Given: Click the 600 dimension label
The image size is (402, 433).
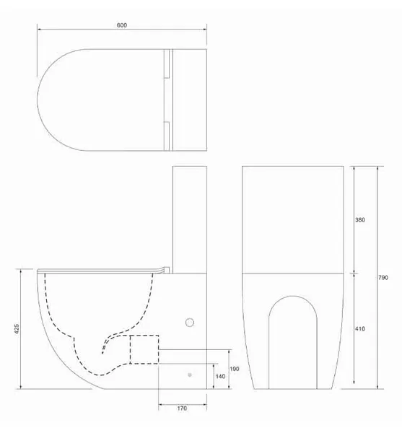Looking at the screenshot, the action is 122,25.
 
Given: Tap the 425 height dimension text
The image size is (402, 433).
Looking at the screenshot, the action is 17,329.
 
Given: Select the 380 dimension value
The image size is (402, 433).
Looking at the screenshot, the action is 359,220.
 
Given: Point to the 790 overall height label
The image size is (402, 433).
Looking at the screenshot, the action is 383,278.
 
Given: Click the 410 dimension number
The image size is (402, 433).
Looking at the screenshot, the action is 359,328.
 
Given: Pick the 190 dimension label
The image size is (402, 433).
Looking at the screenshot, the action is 235,369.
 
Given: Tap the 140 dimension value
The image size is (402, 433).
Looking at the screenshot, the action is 220,376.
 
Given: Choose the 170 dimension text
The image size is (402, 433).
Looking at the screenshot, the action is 182,408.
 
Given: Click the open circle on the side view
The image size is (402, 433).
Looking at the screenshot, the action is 190,323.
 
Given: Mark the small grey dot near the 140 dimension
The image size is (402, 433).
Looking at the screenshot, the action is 190,375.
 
